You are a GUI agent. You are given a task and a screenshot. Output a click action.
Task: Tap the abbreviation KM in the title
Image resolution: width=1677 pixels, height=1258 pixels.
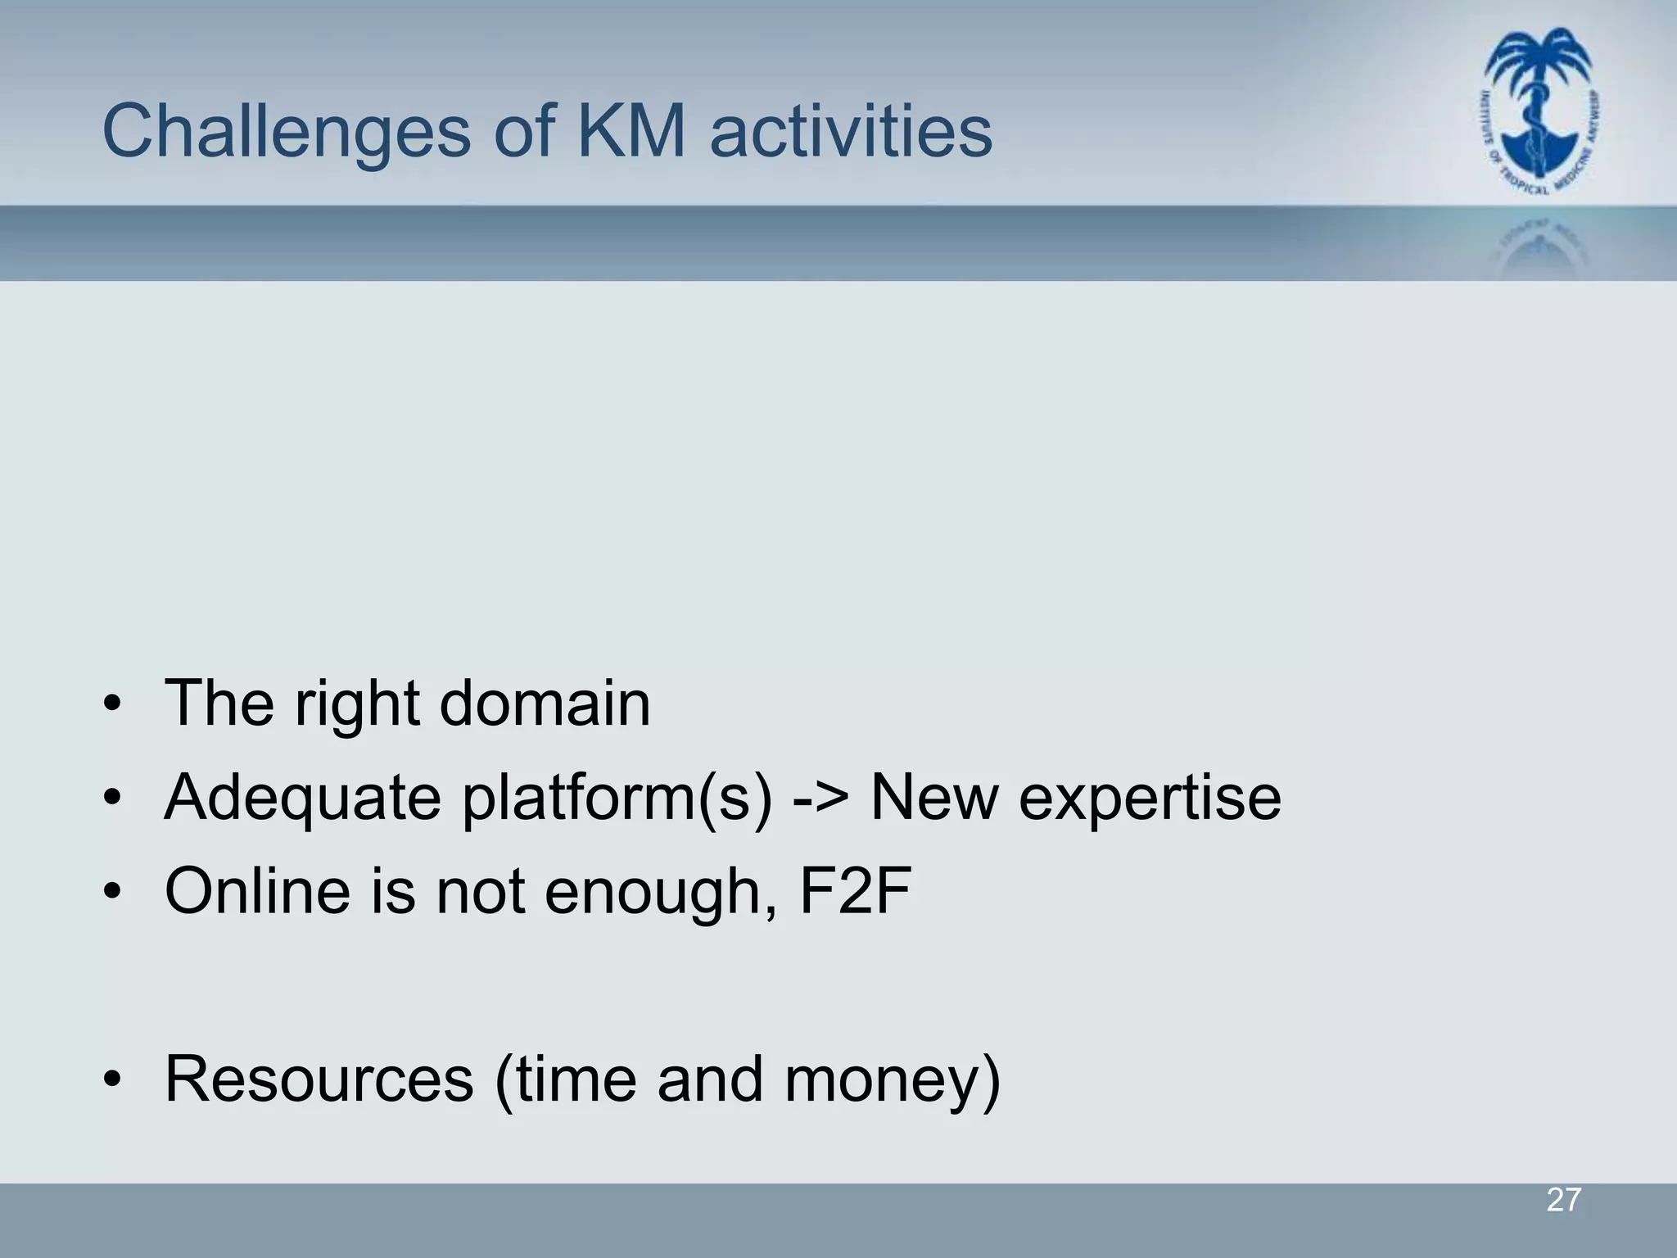pyautogui.click(x=631, y=131)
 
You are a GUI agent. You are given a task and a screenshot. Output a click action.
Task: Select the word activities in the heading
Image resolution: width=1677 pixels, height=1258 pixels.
pyautogui.click(x=852, y=131)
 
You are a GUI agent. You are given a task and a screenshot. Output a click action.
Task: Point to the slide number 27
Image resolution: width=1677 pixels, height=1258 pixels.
pyautogui.click(x=1563, y=1200)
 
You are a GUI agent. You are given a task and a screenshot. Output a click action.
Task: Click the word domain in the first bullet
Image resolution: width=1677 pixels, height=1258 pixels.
pyautogui.click(x=545, y=703)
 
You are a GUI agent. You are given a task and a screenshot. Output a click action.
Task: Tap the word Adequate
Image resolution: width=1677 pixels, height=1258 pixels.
pyautogui.click(x=302, y=797)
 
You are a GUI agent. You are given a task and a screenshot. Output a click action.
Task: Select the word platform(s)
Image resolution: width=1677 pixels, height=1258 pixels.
pyautogui.click(x=617, y=797)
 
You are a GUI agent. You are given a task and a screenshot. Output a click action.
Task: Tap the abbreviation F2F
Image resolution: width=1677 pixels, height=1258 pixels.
pyautogui.click(x=855, y=891)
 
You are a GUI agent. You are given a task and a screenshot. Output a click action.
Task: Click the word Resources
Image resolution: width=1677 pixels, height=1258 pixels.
pyautogui.click(x=319, y=1079)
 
